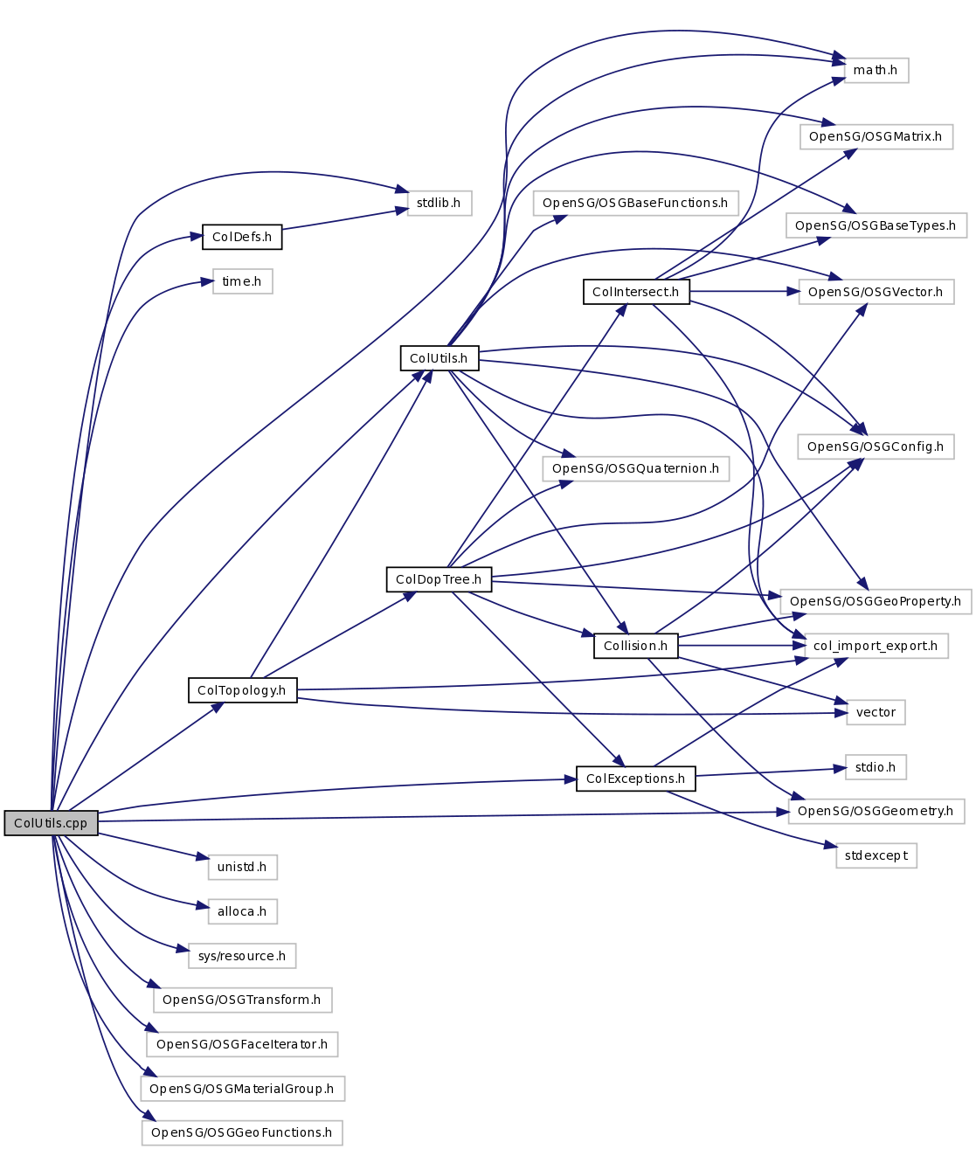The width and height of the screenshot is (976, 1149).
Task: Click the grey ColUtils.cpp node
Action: tap(51, 823)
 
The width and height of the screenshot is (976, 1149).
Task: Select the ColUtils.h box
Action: tap(439, 358)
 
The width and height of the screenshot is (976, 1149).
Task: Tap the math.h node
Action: tap(876, 70)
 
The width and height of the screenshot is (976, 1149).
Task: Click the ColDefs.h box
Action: tap(242, 237)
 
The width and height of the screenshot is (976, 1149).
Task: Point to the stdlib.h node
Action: tap(439, 203)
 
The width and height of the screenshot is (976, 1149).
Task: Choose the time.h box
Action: tap(242, 281)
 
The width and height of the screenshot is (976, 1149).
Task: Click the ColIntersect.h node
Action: tap(636, 292)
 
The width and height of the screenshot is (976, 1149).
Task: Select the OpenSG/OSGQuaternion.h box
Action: tap(635, 468)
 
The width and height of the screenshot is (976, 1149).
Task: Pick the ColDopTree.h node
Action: tap(439, 579)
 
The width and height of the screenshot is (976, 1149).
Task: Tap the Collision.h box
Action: tap(635, 646)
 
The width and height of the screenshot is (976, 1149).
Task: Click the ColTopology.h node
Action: tap(242, 690)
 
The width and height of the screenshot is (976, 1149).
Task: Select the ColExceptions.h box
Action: tap(635, 779)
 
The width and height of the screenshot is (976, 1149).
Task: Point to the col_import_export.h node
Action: tap(875, 646)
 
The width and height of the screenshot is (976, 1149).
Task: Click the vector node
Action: tap(876, 712)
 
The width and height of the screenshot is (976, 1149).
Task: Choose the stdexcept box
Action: tap(876, 855)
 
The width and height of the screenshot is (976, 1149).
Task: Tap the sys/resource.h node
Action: tap(242, 956)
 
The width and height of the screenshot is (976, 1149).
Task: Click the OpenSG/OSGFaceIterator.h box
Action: tap(242, 1044)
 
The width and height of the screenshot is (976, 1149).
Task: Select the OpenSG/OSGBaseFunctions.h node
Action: tap(635, 203)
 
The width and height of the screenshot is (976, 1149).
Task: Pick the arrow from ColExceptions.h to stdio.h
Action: tap(769, 772)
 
